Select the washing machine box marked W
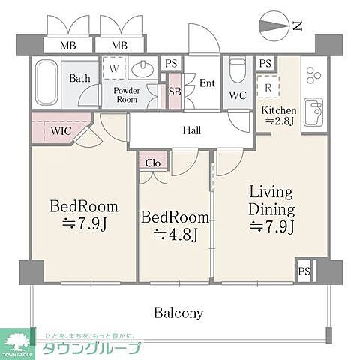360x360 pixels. (x=114, y=69)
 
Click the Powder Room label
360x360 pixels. (x=127, y=95)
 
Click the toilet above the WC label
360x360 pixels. (x=238, y=72)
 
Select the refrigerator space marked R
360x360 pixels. (x=268, y=86)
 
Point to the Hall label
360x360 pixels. (x=191, y=130)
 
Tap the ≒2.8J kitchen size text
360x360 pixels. (x=279, y=122)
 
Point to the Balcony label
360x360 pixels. (x=179, y=312)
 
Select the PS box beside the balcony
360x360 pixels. (x=304, y=271)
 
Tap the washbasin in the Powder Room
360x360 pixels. (x=142, y=70)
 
